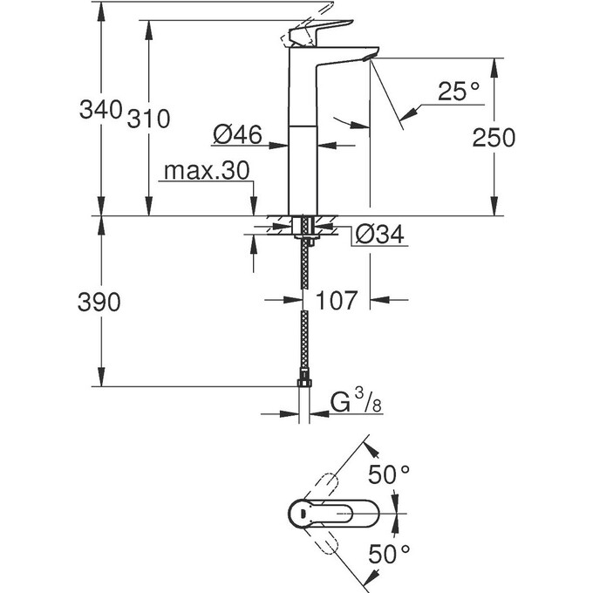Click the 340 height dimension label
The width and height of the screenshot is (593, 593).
click(x=99, y=111)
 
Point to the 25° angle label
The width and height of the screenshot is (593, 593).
click(x=459, y=91)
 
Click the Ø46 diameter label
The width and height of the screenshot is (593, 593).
click(x=237, y=134)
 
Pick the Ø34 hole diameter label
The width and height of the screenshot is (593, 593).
click(x=382, y=235)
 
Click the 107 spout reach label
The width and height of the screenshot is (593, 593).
click(x=336, y=300)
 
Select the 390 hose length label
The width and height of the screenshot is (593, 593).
click(x=99, y=303)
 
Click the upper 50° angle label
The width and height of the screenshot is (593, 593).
click(x=388, y=476)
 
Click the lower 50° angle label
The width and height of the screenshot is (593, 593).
click(x=388, y=553)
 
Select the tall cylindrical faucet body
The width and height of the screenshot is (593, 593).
click(x=303, y=140)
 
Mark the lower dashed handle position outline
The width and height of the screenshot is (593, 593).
click(x=327, y=542)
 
